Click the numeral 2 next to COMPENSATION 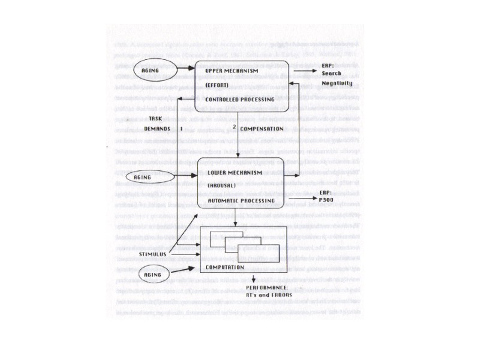tap(235, 127)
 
